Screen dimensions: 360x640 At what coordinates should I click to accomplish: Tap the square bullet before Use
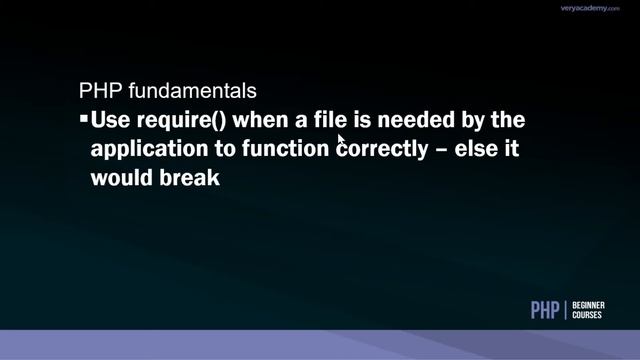click(83, 120)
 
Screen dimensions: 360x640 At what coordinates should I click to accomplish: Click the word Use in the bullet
click(109, 121)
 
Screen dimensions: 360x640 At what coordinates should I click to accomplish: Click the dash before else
click(444, 150)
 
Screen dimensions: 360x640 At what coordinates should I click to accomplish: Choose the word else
click(481, 150)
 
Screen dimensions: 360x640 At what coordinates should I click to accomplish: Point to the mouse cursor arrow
click(341, 140)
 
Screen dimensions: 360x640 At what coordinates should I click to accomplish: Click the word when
click(258, 121)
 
